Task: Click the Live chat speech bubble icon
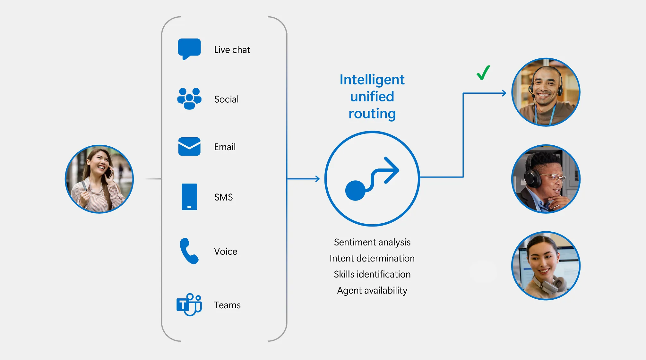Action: tap(189, 49)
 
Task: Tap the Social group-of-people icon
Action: tap(189, 99)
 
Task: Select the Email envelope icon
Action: tap(189, 147)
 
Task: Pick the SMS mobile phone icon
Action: tap(189, 197)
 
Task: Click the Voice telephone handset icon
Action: tap(189, 251)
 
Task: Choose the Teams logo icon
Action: tap(189, 304)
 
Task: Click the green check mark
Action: tap(483, 73)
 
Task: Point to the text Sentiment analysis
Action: tap(372, 242)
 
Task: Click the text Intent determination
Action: tap(372, 258)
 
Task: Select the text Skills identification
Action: tap(372, 274)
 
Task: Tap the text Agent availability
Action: tap(372, 290)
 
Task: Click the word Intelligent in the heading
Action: tap(372, 80)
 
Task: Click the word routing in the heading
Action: tap(372, 114)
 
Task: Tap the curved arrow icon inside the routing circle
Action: tap(372, 179)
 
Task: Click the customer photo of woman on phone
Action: tap(99, 179)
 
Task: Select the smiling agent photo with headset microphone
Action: tap(546, 92)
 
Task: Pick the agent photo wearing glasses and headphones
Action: tap(546, 179)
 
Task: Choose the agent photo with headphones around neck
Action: tap(546, 266)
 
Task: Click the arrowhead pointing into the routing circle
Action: tap(318, 179)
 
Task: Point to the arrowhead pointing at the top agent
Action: tap(504, 93)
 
